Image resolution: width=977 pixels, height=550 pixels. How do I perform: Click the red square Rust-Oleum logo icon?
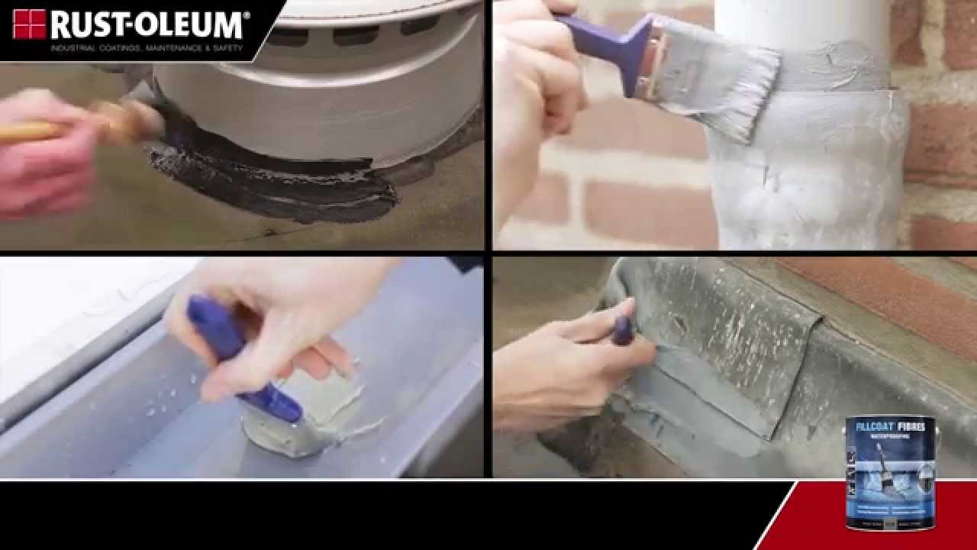[29, 24]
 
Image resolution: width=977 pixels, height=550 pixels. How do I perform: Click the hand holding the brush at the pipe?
[534, 99]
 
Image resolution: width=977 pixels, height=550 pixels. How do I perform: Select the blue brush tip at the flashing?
[622, 331]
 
